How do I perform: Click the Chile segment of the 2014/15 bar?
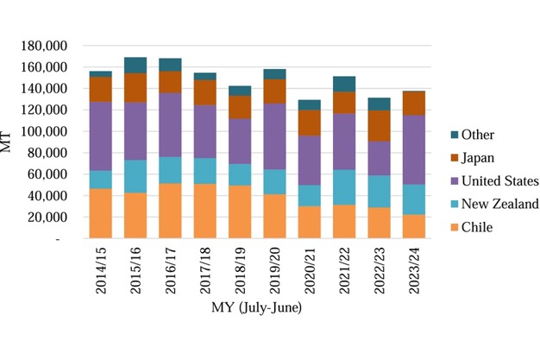[x=100, y=213]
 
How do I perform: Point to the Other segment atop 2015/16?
[x=135, y=65]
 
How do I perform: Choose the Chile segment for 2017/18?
[x=204, y=211]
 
